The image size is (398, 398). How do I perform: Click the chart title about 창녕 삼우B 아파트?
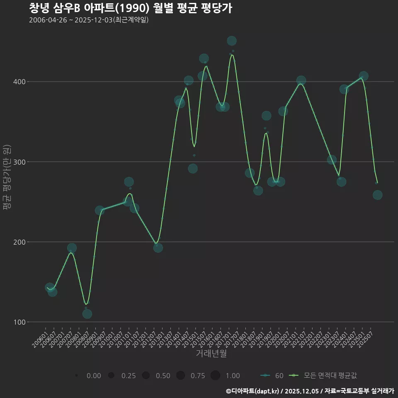[130, 8]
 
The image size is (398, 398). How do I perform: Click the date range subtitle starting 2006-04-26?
[89, 20]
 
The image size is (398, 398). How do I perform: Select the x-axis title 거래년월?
[211, 354]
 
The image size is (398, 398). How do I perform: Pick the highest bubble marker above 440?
[232, 41]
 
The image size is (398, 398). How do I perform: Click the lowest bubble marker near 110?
[87, 313]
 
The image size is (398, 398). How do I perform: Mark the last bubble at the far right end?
[377, 195]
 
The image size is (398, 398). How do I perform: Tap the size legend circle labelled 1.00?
[215, 376]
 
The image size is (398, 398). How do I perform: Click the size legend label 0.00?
[94, 376]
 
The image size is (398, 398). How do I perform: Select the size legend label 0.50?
[163, 376]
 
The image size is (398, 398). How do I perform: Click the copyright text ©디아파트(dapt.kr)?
[252, 391]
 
